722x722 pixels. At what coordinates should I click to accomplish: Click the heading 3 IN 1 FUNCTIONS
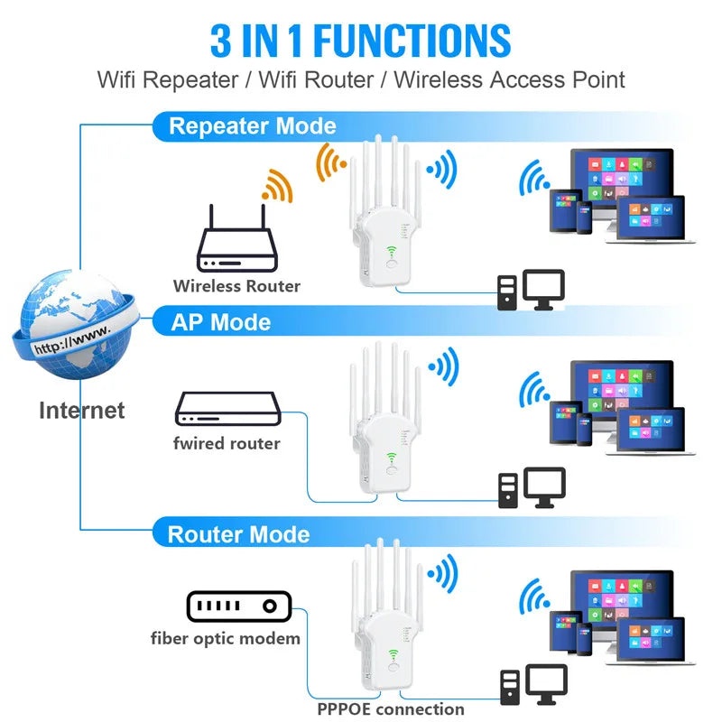(x=361, y=41)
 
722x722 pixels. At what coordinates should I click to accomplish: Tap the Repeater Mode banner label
(x=253, y=125)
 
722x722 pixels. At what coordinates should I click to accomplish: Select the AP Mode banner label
(x=221, y=321)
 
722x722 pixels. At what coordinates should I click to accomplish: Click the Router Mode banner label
(x=239, y=533)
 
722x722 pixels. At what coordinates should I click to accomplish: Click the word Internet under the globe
(x=81, y=411)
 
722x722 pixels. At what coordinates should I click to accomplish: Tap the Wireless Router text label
(x=236, y=286)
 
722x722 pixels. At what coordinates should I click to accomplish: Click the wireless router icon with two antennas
(x=236, y=248)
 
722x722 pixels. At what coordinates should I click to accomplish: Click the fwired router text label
(x=227, y=443)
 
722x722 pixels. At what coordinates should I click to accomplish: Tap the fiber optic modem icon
(x=236, y=607)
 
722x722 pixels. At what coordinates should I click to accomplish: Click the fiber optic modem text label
(x=226, y=638)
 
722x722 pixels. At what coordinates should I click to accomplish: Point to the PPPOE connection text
(x=391, y=708)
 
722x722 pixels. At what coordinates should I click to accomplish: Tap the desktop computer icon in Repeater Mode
(x=532, y=290)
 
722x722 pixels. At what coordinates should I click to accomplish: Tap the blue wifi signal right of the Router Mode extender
(x=442, y=572)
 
